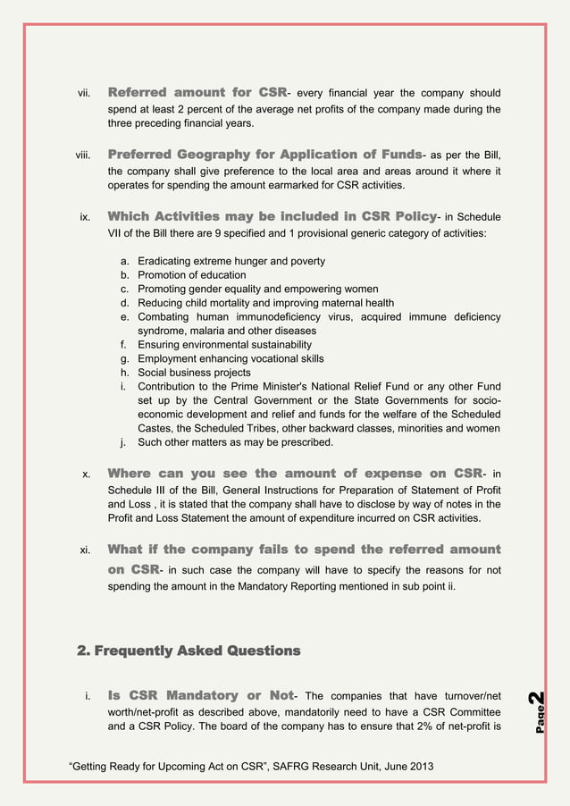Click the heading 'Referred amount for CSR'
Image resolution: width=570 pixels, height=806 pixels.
[x=196, y=92]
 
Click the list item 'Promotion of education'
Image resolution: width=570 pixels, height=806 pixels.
[x=191, y=275]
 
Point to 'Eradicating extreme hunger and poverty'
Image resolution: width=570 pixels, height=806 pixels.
[x=231, y=261]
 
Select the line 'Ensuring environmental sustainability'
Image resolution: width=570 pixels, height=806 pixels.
[x=224, y=344]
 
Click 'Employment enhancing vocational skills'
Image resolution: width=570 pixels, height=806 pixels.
[x=231, y=358]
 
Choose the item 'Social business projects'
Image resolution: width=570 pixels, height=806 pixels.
[x=194, y=373]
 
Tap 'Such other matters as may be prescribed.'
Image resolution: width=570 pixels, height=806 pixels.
[x=235, y=442]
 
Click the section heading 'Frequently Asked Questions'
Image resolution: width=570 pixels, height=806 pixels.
[x=189, y=650]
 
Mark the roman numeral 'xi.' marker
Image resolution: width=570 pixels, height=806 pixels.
[x=85, y=550]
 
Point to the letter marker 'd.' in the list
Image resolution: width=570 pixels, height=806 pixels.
[x=125, y=304]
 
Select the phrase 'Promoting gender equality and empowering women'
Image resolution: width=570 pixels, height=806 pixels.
[x=257, y=290]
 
